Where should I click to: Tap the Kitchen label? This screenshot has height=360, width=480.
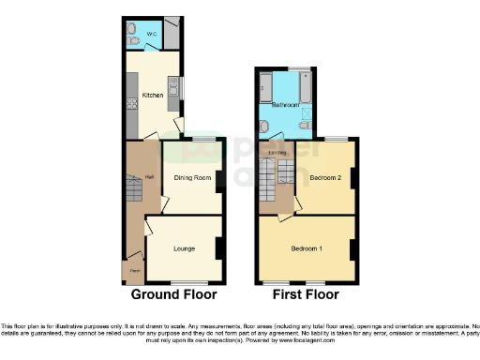[151, 95]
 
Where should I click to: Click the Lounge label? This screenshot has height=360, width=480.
[184, 248]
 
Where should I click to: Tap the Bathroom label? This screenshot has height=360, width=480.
[284, 106]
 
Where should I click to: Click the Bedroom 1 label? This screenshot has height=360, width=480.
[307, 248]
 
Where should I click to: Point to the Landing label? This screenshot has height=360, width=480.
[277, 152]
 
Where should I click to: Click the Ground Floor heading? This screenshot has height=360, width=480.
[174, 293]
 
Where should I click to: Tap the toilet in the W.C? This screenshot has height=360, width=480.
[133, 41]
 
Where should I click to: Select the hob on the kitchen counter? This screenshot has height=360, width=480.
[131, 103]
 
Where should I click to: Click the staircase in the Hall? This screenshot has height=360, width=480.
[134, 193]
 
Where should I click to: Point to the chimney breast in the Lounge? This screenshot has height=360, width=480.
[219, 247]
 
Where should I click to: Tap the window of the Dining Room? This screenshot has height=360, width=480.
[203, 139]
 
